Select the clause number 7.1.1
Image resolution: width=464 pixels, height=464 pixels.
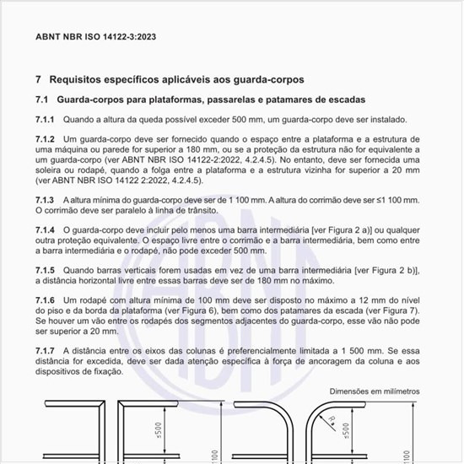(x=45, y=120)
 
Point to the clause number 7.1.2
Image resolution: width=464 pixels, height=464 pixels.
(x=45, y=139)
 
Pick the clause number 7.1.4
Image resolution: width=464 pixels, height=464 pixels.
(x=45, y=229)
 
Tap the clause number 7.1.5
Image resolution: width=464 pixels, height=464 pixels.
(x=45, y=269)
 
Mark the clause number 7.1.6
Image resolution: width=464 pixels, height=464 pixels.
(x=45, y=300)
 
